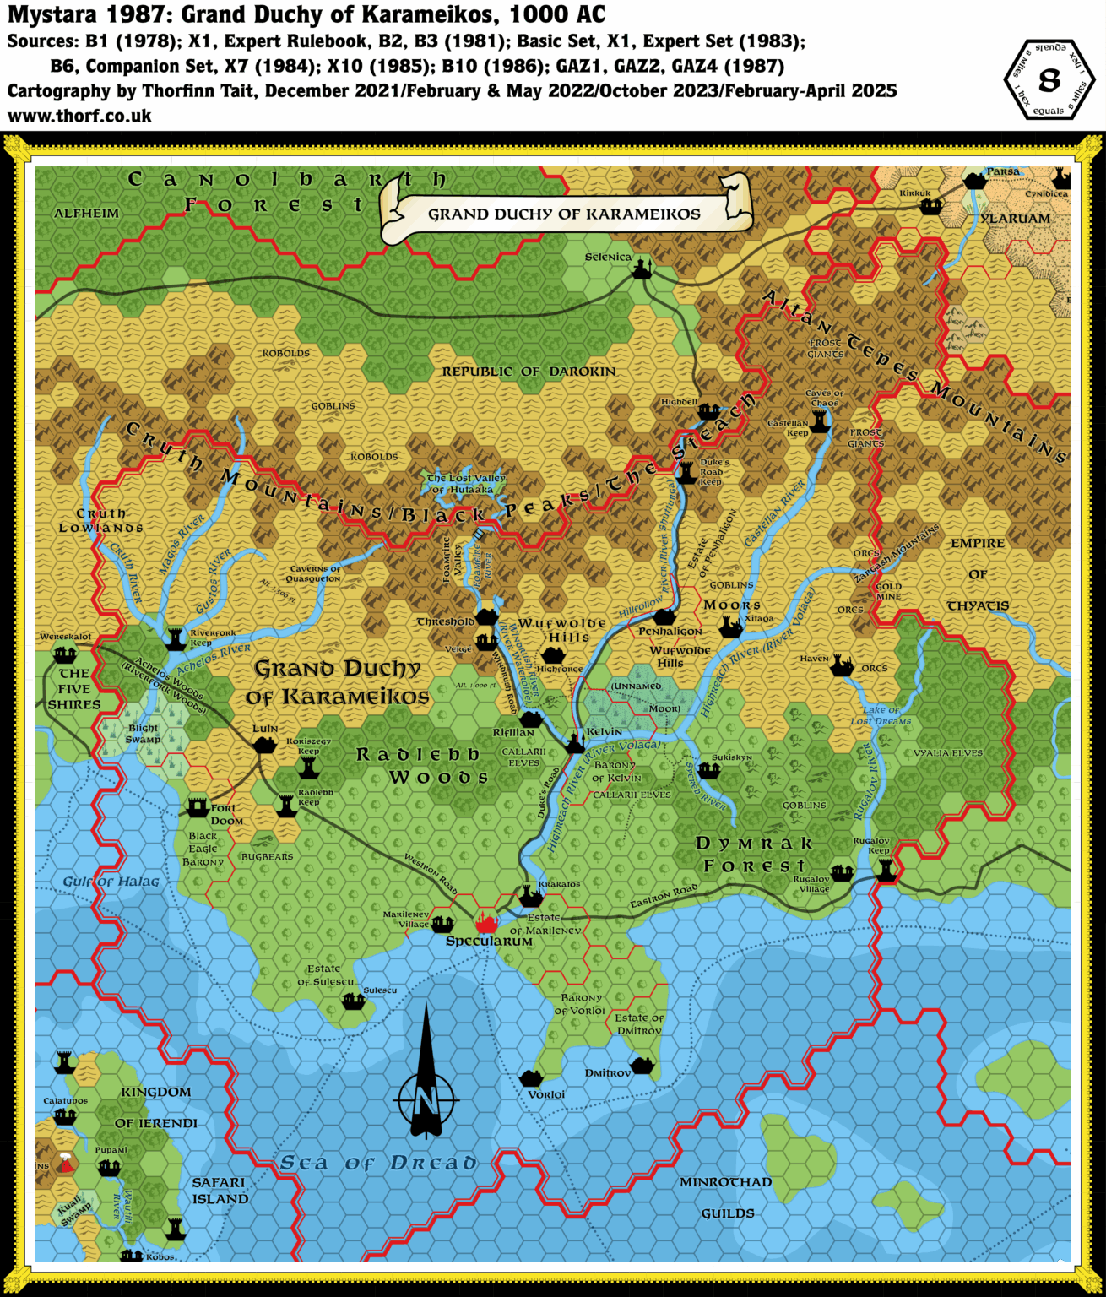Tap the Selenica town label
pyautogui.click(x=608, y=257)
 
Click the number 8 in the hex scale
pyautogui.click(x=1049, y=80)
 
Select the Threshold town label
pyautogui.click(x=446, y=621)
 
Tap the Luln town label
pyautogui.click(x=265, y=728)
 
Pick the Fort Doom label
pyautogui.click(x=226, y=814)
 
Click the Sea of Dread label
pyautogui.click(x=377, y=1163)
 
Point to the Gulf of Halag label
pyautogui.click(x=111, y=882)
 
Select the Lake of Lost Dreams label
pyautogui.click(x=881, y=715)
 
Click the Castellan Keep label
pyautogui.click(x=788, y=427)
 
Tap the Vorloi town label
pyautogui.click(x=546, y=1094)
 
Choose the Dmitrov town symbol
pyautogui.click(x=642, y=1066)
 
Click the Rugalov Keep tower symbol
pyautogui.click(x=886, y=870)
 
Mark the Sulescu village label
pyautogui.click(x=380, y=990)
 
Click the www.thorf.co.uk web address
pyautogui.click(x=79, y=116)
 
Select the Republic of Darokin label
pyautogui.click(x=529, y=372)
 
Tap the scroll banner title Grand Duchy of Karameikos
pyautogui.click(x=564, y=214)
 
